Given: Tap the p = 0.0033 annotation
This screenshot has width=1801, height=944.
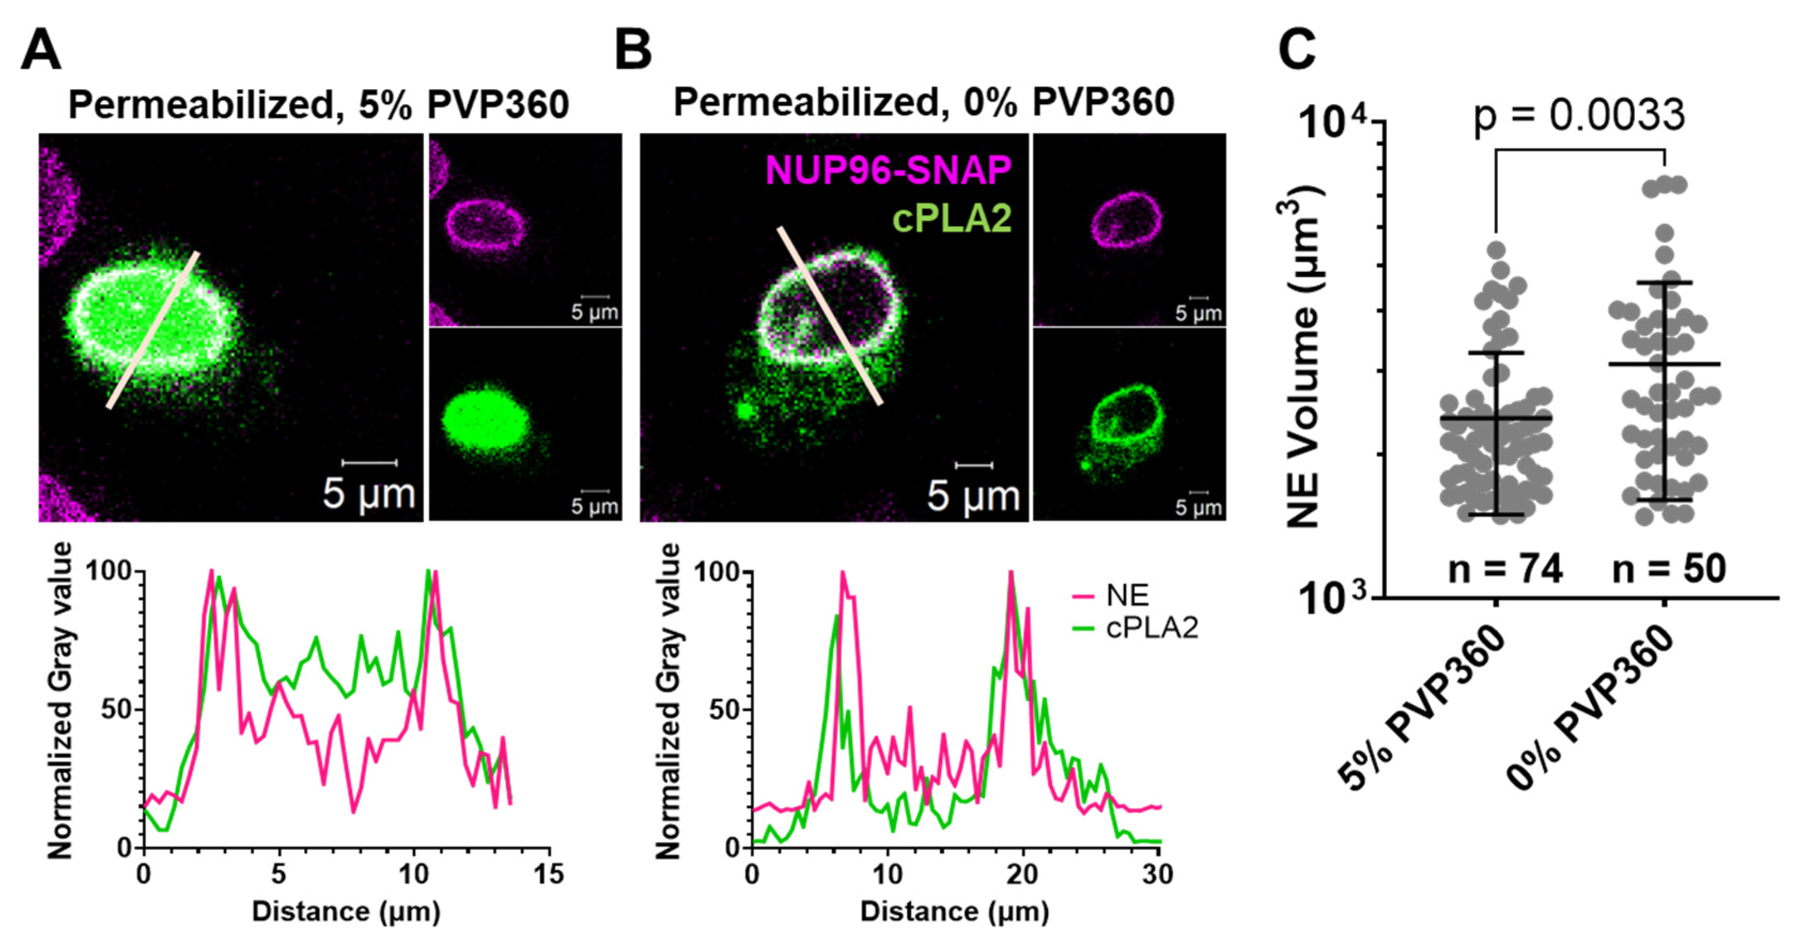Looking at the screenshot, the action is tap(1579, 115).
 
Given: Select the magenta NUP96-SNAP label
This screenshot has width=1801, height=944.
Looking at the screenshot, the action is tap(888, 170).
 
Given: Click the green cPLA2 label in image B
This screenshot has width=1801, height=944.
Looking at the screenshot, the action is tap(952, 219).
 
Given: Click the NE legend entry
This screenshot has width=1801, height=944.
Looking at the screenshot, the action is tap(1126, 595).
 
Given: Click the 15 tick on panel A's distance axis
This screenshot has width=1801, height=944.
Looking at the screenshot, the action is tap(548, 874).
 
